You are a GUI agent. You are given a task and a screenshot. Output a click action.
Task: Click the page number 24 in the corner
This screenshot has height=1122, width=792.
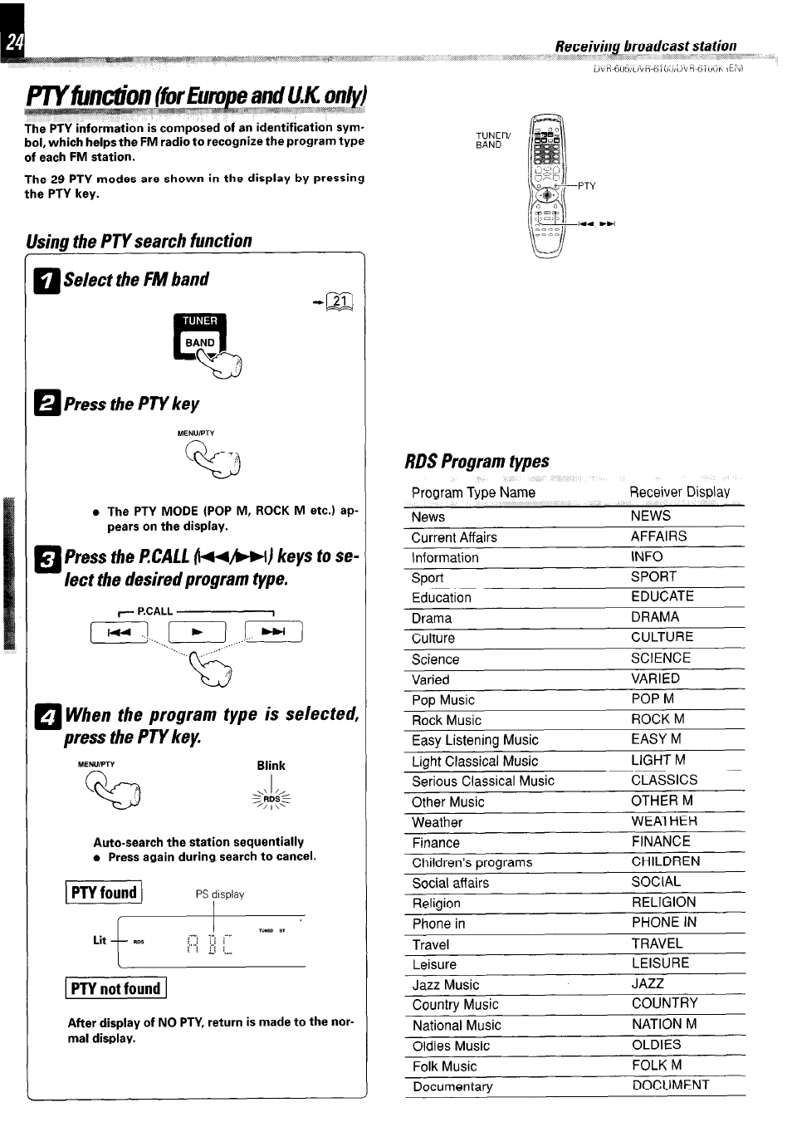(12, 43)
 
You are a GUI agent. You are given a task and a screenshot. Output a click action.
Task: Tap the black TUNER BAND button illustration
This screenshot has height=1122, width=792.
(199, 335)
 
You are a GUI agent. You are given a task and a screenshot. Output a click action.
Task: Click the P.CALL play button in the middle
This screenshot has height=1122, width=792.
(197, 633)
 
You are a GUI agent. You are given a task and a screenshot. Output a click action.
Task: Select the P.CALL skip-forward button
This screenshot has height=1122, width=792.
(273, 633)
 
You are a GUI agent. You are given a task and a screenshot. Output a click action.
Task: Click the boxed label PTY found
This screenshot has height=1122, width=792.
(104, 893)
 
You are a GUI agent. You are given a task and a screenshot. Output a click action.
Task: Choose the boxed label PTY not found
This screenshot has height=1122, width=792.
(115, 988)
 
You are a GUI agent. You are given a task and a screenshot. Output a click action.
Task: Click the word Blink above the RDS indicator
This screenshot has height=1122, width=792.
(271, 766)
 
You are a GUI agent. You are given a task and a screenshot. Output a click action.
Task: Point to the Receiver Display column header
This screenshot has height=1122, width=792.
(679, 492)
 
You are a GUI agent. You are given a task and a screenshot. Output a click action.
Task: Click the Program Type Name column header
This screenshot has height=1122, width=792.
(473, 492)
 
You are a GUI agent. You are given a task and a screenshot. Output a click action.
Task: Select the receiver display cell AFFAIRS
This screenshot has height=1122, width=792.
(658, 537)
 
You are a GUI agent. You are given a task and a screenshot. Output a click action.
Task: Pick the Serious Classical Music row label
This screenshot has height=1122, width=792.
(483, 781)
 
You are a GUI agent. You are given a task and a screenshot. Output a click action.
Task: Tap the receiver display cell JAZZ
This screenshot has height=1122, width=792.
(648, 983)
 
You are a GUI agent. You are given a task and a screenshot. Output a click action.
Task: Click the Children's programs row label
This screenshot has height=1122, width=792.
(472, 863)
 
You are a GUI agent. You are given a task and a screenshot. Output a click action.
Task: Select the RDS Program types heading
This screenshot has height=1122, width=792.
(477, 461)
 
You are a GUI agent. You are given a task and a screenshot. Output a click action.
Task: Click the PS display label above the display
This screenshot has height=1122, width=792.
(220, 894)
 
